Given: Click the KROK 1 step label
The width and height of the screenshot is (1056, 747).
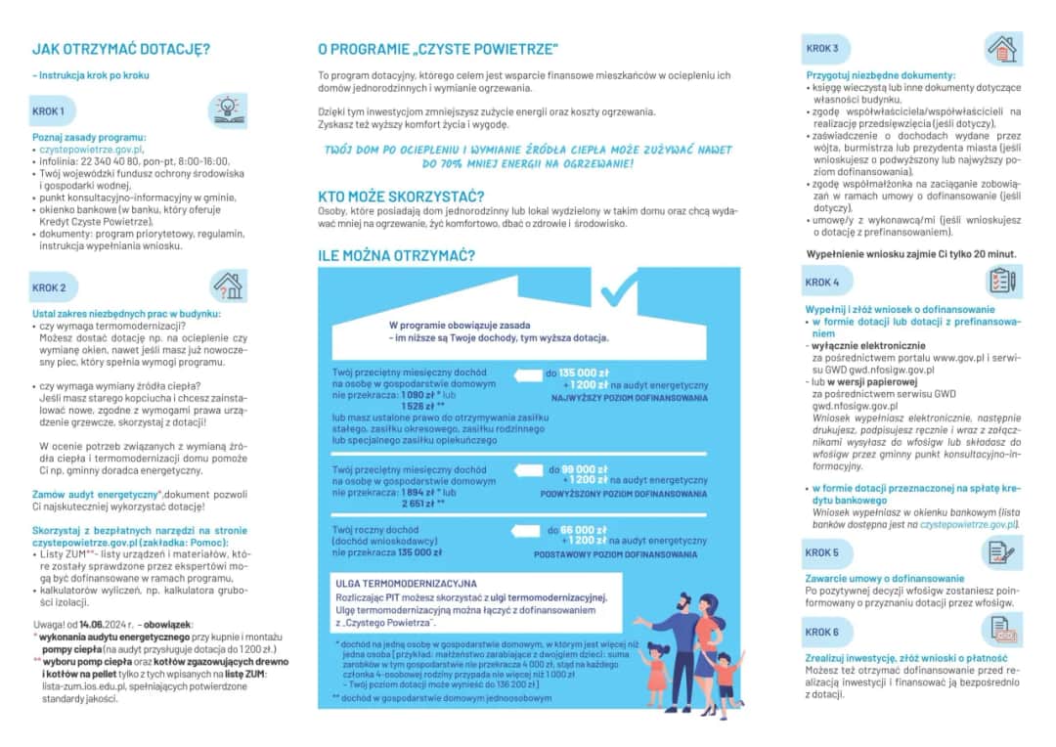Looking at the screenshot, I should click(x=49, y=111).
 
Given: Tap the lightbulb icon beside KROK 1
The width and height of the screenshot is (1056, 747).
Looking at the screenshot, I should click(x=227, y=109).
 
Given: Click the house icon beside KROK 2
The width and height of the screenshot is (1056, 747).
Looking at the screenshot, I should click(x=227, y=286).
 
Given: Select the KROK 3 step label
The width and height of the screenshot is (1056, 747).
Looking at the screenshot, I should click(x=822, y=48).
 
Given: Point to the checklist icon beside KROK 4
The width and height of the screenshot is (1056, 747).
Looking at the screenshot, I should click(x=1002, y=281).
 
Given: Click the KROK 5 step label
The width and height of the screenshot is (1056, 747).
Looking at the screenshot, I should click(x=822, y=553).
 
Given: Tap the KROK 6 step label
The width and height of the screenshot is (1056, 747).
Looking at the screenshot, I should click(x=822, y=633).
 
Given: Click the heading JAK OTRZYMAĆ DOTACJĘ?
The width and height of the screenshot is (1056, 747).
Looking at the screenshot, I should click(x=121, y=49).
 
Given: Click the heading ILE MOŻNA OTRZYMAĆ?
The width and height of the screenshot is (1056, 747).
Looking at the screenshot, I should click(x=397, y=256).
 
